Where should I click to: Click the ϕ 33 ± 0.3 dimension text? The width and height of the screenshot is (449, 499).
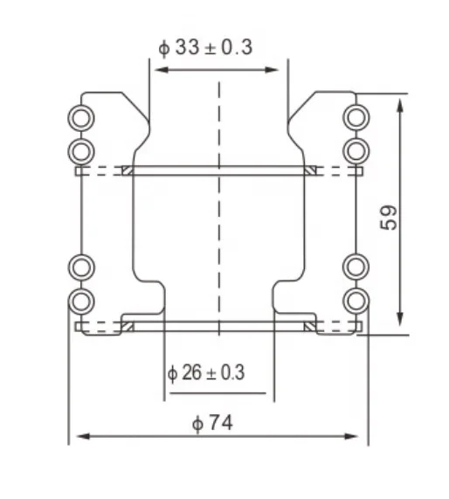(x=206, y=47)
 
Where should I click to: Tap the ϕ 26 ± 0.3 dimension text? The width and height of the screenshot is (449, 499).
(x=206, y=373)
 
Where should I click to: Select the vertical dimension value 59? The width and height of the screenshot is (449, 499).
(x=390, y=217)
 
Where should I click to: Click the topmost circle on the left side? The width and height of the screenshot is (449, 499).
(x=80, y=117)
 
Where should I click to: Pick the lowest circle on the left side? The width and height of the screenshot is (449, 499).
(x=80, y=301)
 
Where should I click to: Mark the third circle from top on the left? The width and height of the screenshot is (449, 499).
(x=80, y=266)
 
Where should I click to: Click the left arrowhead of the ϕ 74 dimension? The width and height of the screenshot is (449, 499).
(x=73, y=435)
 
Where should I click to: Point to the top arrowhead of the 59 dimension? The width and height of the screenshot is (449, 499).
(x=400, y=101)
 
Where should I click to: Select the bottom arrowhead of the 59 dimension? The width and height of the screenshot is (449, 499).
(x=400, y=322)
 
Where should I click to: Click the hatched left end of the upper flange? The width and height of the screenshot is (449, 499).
(x=127, y=170)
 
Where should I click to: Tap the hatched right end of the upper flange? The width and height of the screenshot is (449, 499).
(x=308, y=170)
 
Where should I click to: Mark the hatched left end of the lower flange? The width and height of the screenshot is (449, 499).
(x=127, y=327)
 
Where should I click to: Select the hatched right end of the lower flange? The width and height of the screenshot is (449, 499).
(x=308, y=327)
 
